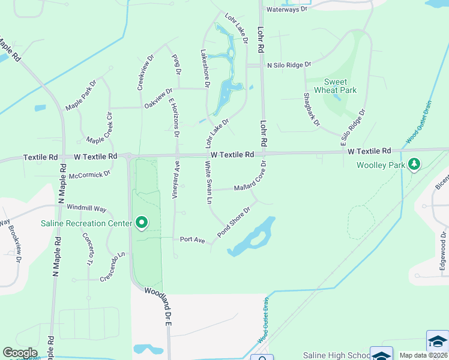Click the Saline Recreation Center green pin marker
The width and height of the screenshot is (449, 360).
pyautogui.click(x=142, y=223)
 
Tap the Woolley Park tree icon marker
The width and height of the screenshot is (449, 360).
pyautogui.click(x=414, y=164)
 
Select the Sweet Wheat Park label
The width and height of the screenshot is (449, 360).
pyautogui.click(x=340, y=86)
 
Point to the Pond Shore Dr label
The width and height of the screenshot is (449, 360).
pyautogui.click(x=233, y=223)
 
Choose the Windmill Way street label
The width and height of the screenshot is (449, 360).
pyautogui.click(x=86, y=208)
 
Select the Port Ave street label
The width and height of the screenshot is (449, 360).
pyautogui.click(x=193, y=240)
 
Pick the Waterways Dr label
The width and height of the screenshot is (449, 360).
pyautogui.click(x=286, y=10)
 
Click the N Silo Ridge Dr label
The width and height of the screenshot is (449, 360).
pyautogui.click(x=289, y=64)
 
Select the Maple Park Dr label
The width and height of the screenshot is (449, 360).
pyautogui.click(x=81, y=95)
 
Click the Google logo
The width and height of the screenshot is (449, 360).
pyautogui.click(x=20, y=353)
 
